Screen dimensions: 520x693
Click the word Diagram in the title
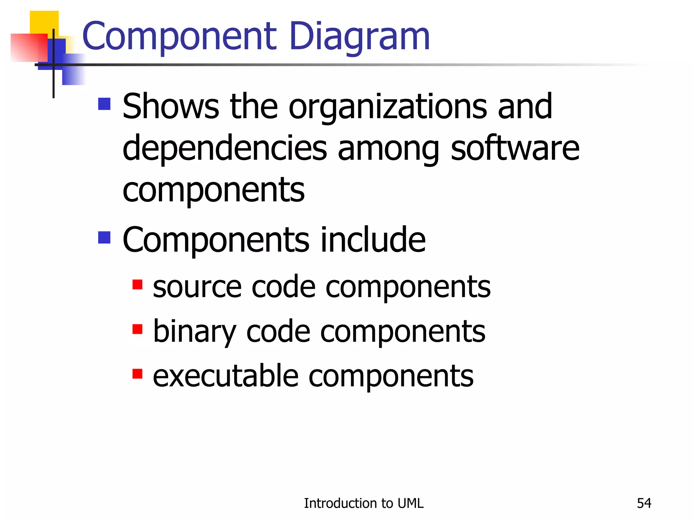(x=359, y=36)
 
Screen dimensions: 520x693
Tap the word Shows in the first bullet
(x=171, y=107)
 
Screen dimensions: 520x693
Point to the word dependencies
(x=225, y=149)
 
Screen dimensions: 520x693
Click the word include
(x=373, y=239)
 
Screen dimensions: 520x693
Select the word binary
(x=195, y=332)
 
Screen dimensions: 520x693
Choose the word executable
(x=226, y=376)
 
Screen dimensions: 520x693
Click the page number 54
(x=644, y=503)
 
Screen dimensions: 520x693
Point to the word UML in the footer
(x=410, y=503)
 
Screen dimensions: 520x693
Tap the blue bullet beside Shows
(x=104, y=104)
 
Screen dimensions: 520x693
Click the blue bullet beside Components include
(x=104, y=237)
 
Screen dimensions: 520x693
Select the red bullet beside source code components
(x=137, y=284)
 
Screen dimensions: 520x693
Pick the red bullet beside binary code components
(x=137, y=329)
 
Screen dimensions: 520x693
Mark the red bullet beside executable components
(x=137, y=374)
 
